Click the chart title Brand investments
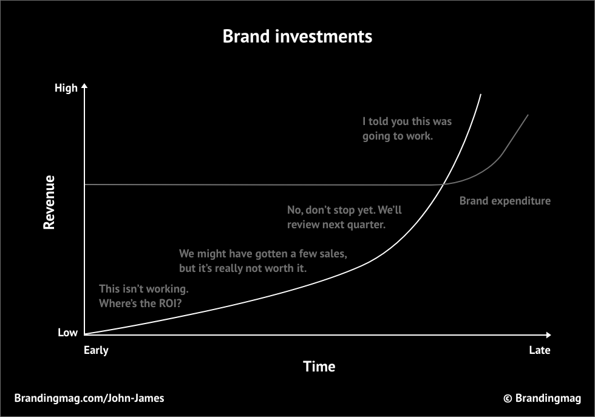coord(297,36)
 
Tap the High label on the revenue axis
coord(66,88)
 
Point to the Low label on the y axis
coord(67,333)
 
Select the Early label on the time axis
coord(96,350)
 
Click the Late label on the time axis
coord(540,350)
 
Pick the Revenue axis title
coord(49,202)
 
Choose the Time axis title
coord(319,367)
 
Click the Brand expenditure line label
coord(505,201)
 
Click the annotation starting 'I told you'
coord(407,129)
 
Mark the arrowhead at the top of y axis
coord(84,86)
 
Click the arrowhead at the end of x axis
coord(548,334)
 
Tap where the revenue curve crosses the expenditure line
coord(443,185)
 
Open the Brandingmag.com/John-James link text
coord(89,398)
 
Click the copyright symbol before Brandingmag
coord(508,398)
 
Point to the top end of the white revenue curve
coord(481,94)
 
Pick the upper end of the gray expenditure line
coord(528,115)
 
